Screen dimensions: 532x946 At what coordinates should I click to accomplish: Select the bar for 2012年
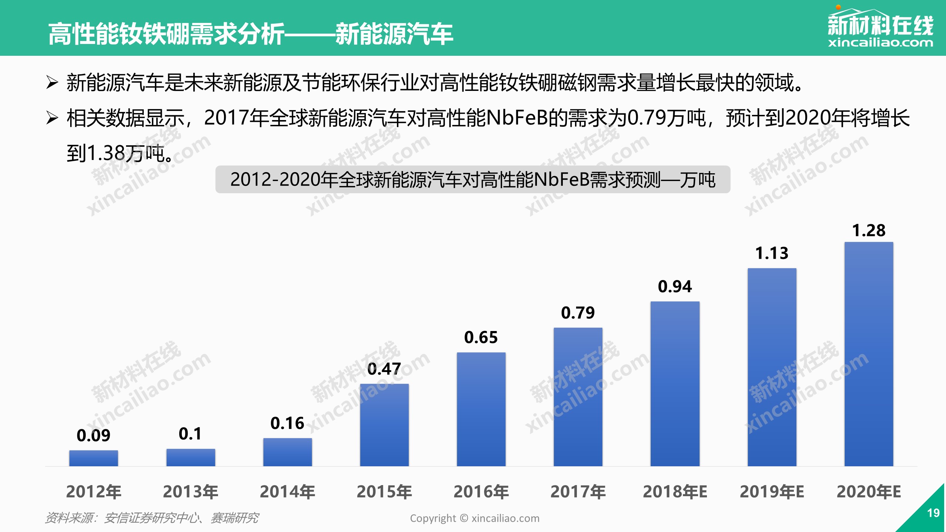[x=93, y=458]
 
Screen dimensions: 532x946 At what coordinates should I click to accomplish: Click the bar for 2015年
[x=384, y=425]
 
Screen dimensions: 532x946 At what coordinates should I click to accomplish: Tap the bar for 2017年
[x=578, y=397]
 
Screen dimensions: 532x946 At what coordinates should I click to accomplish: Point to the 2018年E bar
[x=675, y=384]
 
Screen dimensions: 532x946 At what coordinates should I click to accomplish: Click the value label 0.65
[x=481, y=337]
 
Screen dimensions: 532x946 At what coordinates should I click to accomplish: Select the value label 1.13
[x=772, y=253]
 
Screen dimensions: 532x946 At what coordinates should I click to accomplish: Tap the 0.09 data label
[x=93, y=436]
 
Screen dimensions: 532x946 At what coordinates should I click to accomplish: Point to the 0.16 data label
[x=287, y=423]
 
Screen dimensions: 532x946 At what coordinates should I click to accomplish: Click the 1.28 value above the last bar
[x=869, y=231]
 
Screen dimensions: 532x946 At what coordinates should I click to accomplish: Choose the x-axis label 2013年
[x=190, y=492]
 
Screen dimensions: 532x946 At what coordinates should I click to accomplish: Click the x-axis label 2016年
[x=481, y=492]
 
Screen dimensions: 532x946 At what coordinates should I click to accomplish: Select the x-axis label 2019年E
[x=772, y=492]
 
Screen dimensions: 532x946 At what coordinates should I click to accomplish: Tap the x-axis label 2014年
[x=287, y=492]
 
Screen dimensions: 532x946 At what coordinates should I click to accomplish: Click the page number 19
[x=933, y=513]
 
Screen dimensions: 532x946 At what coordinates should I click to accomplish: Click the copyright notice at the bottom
[x=474, y=518]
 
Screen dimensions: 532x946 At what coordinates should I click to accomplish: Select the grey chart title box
[x=473, y=180]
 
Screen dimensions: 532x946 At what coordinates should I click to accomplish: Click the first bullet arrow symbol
[x=52, y=82]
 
